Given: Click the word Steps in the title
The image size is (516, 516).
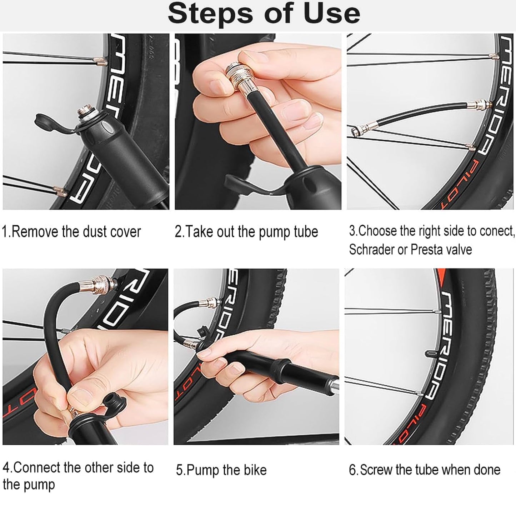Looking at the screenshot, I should (x=211, y=13).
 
